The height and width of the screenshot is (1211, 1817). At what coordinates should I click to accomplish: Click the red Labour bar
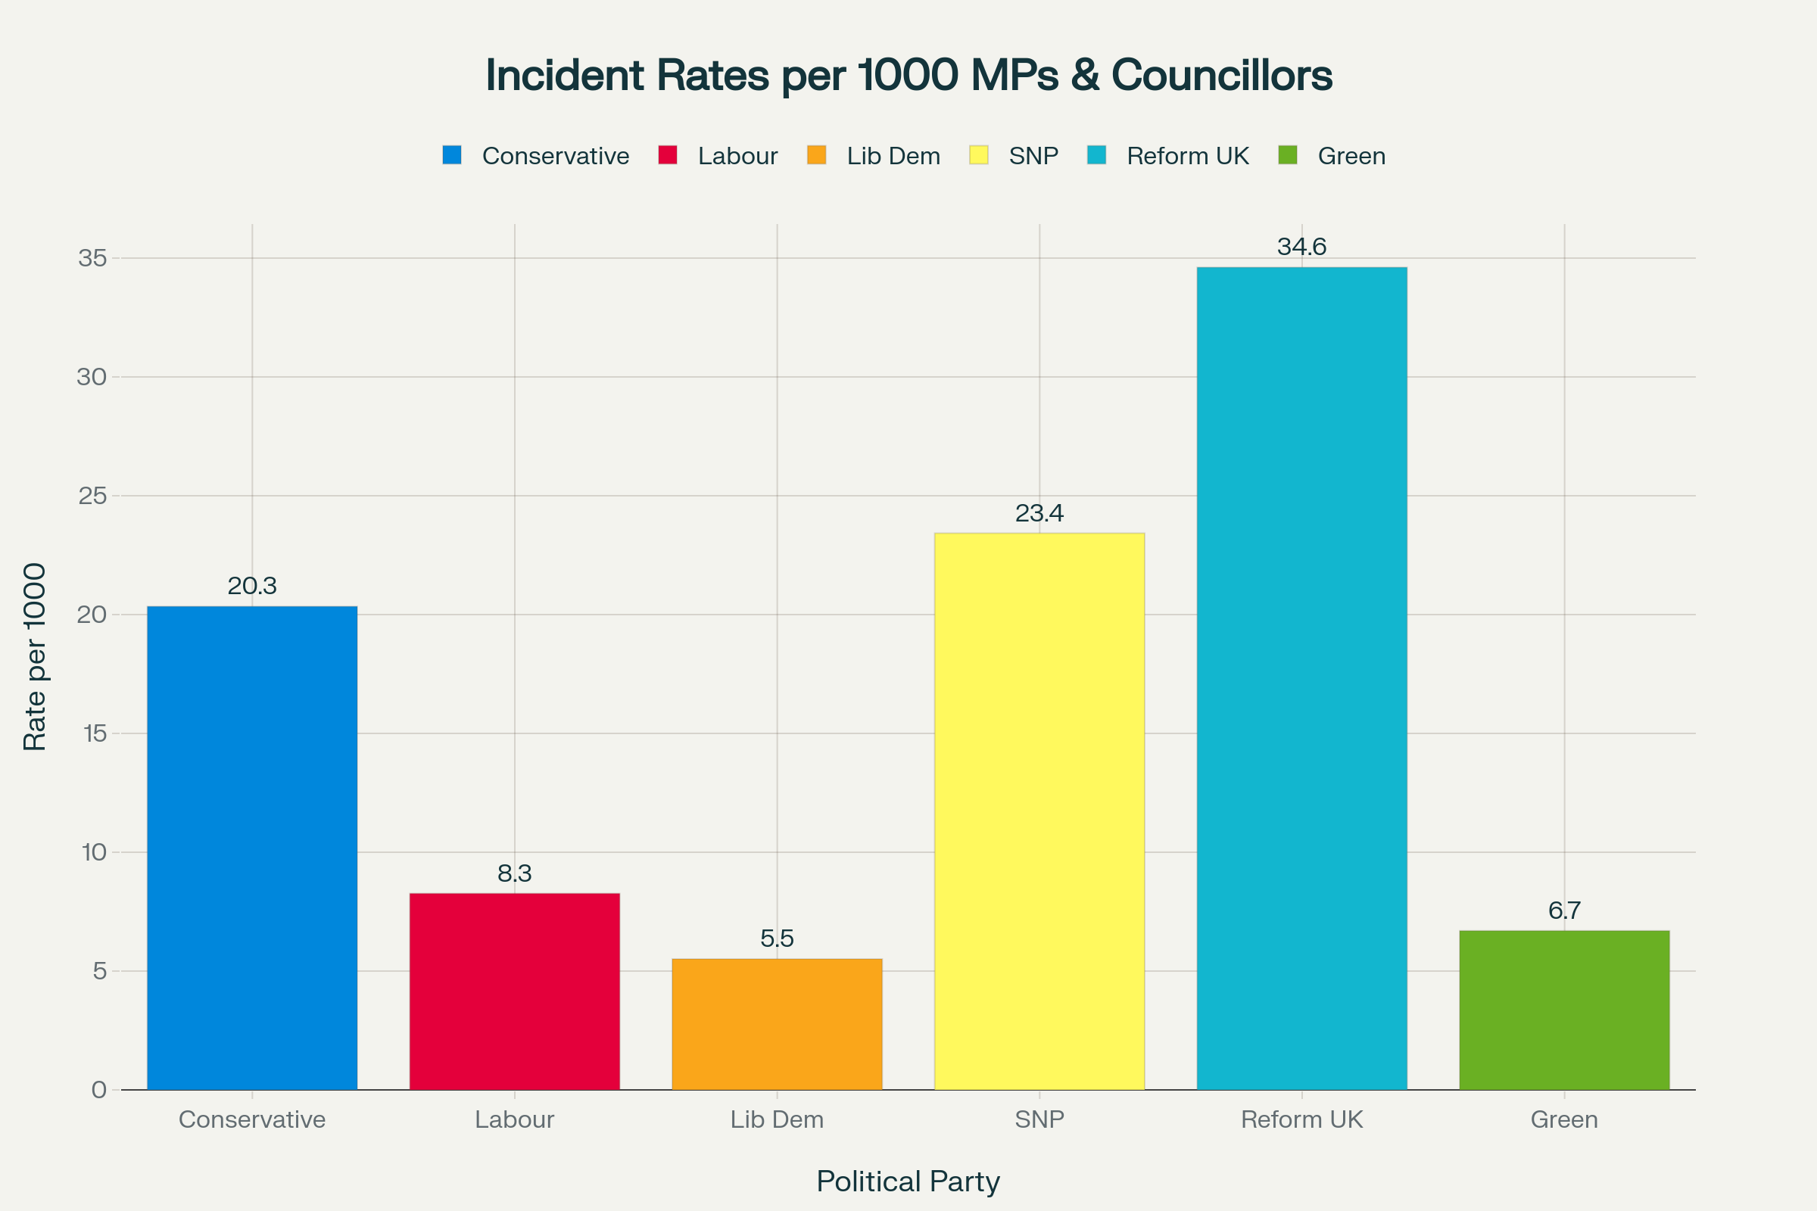point(515,992)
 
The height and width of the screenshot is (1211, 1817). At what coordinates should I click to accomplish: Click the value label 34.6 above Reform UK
point(1301,247)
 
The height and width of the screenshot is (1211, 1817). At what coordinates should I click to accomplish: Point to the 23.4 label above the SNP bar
point(1039,514)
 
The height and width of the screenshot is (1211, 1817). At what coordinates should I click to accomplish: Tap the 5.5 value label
point(778,939)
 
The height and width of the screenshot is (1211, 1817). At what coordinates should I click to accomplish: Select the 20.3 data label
point(252,586)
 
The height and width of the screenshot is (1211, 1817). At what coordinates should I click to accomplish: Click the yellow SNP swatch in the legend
point(979,155)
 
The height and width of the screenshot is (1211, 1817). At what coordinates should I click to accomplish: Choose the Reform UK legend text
point(1187,156)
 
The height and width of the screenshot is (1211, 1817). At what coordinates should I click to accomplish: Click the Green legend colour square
point(1288,155)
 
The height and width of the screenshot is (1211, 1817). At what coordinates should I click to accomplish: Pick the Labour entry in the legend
point(737,156)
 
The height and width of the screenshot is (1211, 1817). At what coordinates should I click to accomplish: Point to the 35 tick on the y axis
point(92,258)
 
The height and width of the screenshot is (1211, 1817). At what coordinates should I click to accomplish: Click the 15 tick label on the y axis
point(94,733)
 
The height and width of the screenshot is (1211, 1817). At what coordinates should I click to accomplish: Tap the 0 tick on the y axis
point(99,1090)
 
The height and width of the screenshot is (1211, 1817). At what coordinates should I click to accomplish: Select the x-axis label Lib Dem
point(778,1119)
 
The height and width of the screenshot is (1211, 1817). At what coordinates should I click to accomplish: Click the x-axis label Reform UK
point(1301,1119)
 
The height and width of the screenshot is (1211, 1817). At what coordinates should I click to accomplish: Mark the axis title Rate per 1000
point(35,656)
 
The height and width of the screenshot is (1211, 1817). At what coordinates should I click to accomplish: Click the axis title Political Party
point(908,1181)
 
